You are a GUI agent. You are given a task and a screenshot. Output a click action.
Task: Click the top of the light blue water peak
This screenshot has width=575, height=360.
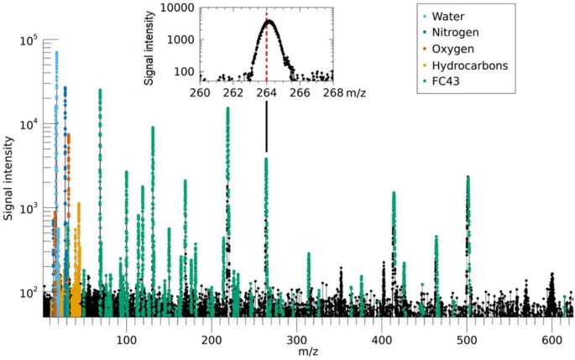[56, 52]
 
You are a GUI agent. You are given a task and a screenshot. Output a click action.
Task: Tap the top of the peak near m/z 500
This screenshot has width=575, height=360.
[468, 177]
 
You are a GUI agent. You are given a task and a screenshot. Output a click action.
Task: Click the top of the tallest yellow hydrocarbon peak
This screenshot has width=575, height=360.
[79, 204]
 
